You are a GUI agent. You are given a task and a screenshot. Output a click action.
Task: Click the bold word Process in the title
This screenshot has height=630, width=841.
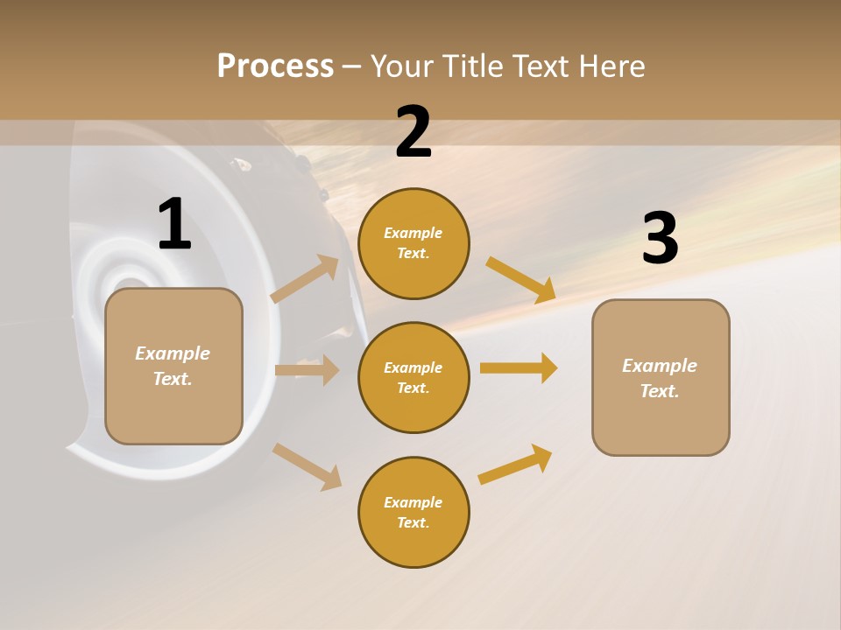tap(275, 66)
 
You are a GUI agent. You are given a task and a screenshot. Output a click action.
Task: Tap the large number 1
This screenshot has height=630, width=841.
tap(174, 224)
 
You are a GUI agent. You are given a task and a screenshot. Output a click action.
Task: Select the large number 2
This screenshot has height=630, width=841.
tap(413, 132)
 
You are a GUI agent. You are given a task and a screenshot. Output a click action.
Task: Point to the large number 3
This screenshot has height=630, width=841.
tap(660, 238)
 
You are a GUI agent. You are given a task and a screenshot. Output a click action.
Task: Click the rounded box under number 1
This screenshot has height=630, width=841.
tap(173, 366)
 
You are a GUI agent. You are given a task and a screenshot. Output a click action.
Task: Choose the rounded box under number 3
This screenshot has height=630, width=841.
tap(661, 377)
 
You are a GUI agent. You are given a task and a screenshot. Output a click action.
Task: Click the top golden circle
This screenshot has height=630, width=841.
tap(413, 243)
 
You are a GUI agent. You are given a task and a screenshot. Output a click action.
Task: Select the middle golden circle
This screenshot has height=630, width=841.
tap(413, 377)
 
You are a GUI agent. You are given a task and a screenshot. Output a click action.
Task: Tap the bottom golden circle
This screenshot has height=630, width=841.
tap(413, 512)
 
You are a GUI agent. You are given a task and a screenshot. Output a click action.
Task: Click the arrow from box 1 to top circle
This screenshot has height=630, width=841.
tap(305, 279)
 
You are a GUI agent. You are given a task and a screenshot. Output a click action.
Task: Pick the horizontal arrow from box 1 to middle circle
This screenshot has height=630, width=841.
tap(307, 369)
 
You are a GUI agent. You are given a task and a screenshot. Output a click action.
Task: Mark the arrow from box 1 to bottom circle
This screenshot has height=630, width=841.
tap(307, 466)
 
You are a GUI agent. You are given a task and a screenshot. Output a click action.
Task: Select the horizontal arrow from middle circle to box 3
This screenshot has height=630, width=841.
tap(519, 367)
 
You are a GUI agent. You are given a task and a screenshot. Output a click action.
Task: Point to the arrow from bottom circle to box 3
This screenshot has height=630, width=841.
tap(515, 465)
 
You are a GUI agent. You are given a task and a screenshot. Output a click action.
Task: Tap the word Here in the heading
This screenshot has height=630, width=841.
tap(612, 66)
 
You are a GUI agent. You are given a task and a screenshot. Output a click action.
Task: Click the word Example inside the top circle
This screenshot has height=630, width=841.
tap(413, 233)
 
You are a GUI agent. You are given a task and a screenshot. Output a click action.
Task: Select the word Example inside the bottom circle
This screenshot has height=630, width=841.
tap(413, 502)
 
